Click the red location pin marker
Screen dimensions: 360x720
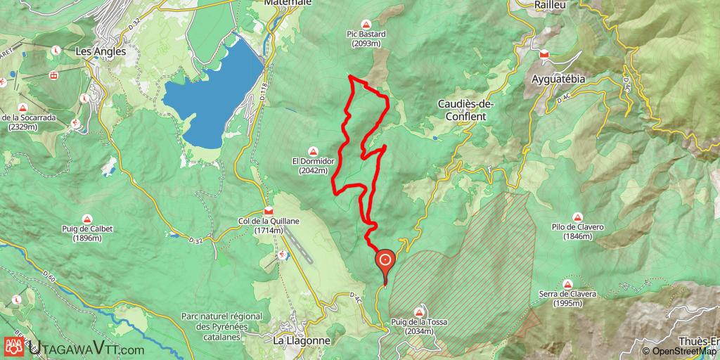pos(386,262)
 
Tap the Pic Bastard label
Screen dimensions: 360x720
pos(366,38)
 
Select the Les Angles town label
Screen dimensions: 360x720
pos(100,51)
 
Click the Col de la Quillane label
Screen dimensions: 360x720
pos(269,226)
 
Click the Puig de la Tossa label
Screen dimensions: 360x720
pos(420,323)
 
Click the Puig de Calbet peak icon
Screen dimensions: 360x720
pos(88,218)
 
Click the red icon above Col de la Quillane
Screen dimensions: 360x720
pos(269,210)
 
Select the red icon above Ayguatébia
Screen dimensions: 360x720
pos(544,55)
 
